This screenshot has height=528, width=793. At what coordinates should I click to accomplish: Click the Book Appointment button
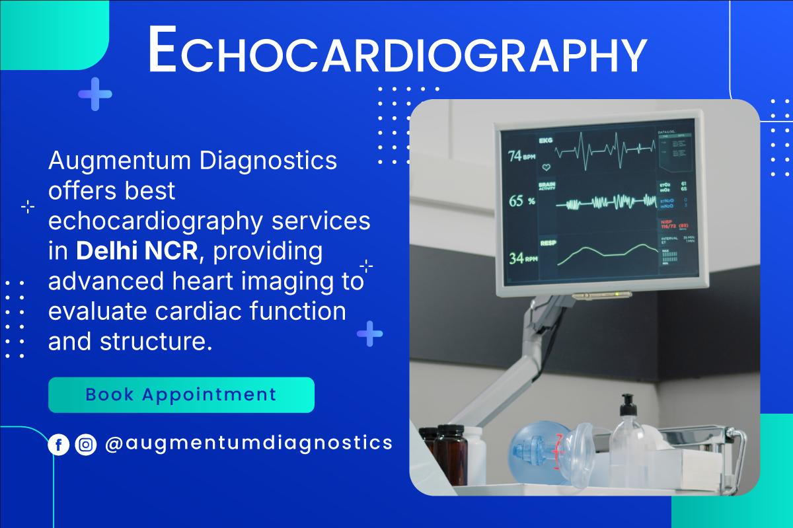click(181, 395)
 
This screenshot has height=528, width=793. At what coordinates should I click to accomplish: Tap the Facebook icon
click(59, 445)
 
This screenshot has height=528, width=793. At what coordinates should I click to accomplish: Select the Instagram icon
click(86, 445)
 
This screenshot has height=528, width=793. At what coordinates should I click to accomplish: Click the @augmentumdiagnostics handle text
click(248, 443)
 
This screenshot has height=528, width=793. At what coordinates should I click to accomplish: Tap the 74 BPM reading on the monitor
click(521, 157)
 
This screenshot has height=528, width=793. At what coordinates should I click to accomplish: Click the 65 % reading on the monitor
click(521, 201)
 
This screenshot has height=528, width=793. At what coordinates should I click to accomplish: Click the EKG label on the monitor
click(546, 140)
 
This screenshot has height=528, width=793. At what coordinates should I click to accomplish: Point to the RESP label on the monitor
click(547, 243)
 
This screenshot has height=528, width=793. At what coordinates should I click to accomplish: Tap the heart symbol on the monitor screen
click(546, 168)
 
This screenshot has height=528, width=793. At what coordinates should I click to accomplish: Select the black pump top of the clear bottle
click(626, 402)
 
